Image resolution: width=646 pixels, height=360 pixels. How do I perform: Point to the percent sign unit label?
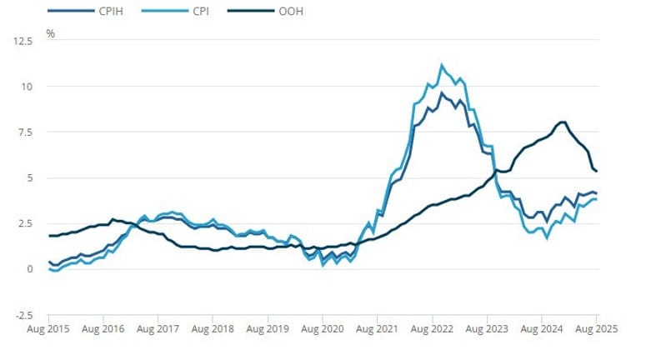coord(50,34)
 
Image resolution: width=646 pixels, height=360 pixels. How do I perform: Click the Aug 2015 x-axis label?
coord(48,330)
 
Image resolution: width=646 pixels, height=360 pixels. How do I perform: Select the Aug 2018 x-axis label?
coord(213,330)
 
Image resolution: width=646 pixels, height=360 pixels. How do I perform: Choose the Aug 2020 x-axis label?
coord(322,330)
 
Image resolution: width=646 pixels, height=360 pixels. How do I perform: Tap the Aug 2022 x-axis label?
coord(432,330)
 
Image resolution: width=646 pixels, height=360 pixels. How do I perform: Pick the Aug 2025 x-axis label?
coord(596,330)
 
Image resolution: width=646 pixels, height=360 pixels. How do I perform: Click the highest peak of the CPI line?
coord(442,64)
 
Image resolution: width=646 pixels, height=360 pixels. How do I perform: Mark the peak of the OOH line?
coord(563,122)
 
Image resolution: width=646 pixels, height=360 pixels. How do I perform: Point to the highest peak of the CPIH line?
coord(442,92)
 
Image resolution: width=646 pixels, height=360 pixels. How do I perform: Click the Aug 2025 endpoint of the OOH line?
coord(596,171)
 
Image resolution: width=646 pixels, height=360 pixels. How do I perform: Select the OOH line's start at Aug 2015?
coord(48,236)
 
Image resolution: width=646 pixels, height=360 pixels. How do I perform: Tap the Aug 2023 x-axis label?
coord(487,330)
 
